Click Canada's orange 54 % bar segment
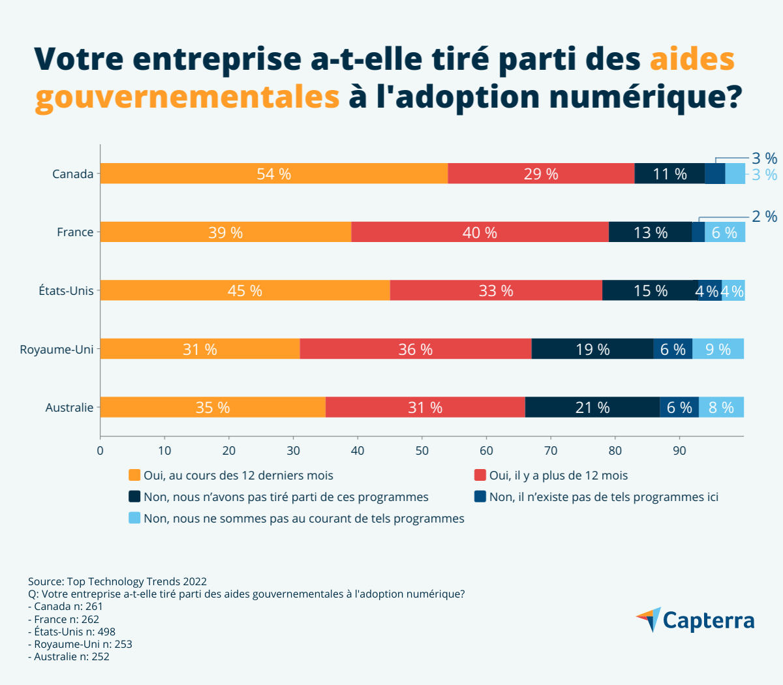pyautogui.click(x=274, y=174)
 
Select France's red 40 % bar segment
pyautogui.click(x=480, y=232)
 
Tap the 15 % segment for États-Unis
pyautogui.click(x=650, y=290)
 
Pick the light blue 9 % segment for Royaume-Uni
pyautogui.click(x=718, y=349)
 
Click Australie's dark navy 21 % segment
pyautogui.click(x=592, y=407)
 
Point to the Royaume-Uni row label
pyautogui.click(x=57, y=349)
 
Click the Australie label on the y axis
pyautogui.click(x=69, y=407)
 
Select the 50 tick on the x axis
pyautogui.click(x=422, y=450)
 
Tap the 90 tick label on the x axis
pyautogui.click(x=679, y=450)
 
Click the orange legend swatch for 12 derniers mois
pyautogui.click(x=134, y=475)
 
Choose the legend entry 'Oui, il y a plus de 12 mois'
pyautogui.click(x=559, y=476)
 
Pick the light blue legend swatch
pyautogui.click(x=134, y=518)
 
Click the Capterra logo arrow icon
pyautogui.click(x=649, y=618)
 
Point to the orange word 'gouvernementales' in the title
pyautogui.click(x=187, y=97)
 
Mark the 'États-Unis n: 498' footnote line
pyautogui.click(x=72, y=632)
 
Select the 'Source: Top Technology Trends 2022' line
pyautogui.click(x=117, y=581)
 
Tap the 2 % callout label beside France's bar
pyautogui.click(x=764, y=217)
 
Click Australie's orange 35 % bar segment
pyautogui.click(x=213, y=407)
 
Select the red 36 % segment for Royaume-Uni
pyautogui.click(x=416, y=349)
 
